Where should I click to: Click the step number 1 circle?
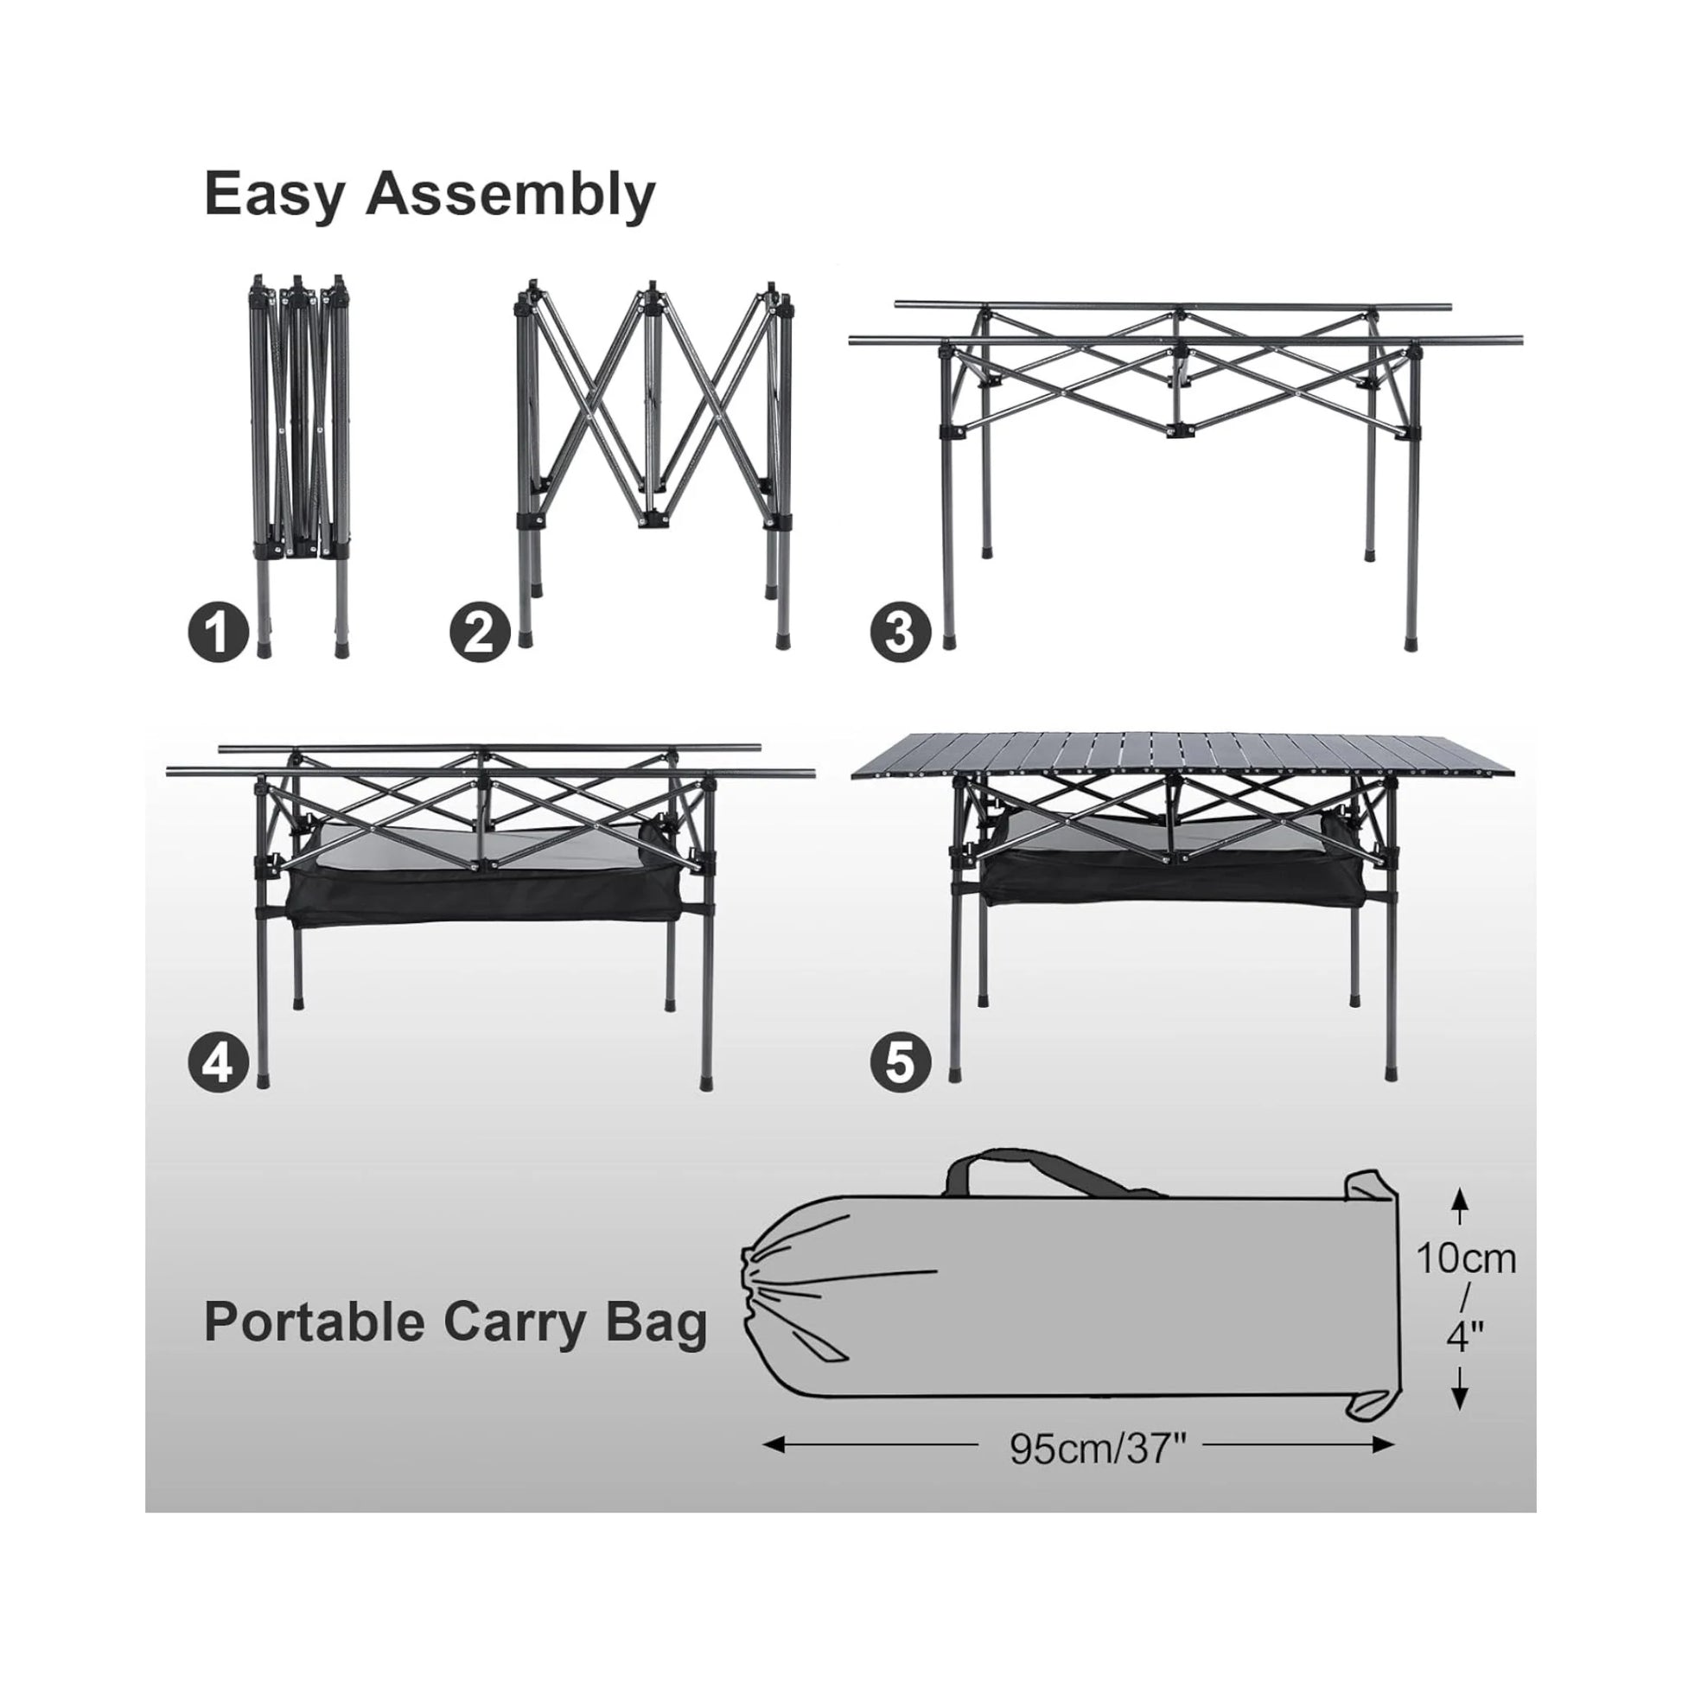(x=219, y=634)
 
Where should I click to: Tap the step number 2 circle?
(x=480, y=633)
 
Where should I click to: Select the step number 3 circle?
(x=900, y=633)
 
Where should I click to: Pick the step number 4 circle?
(x=219, y=1062)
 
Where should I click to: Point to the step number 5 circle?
(x=900, y=1062)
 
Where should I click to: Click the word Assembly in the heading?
(x=510, y=195)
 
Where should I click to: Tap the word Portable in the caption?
(x=315, y=1323)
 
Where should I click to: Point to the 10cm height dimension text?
(x=1465, y=1258)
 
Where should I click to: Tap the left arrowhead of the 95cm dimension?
(x=771, y=1445)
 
